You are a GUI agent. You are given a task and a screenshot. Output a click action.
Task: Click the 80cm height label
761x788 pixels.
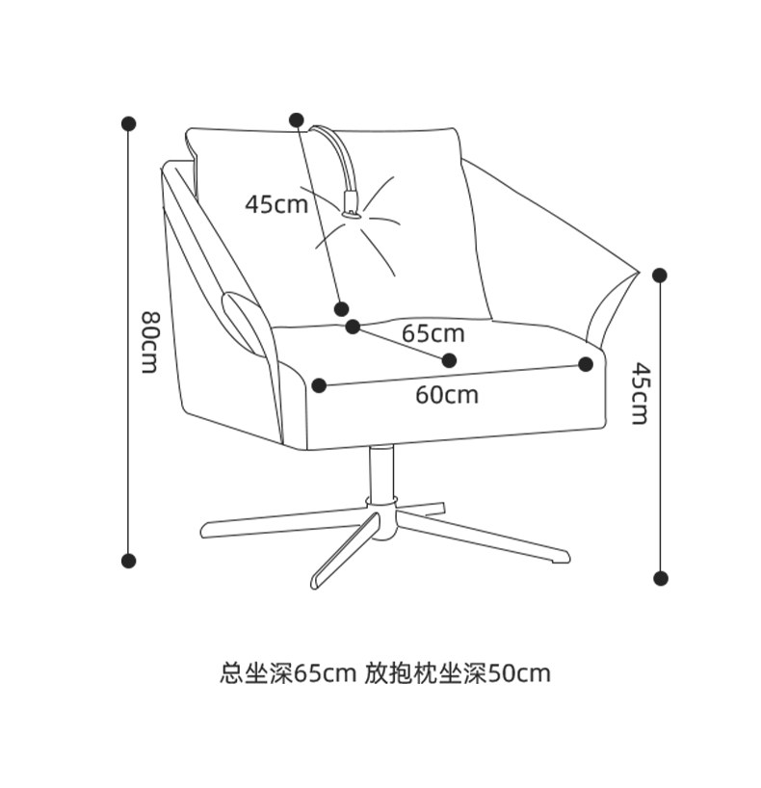tap(149, 343)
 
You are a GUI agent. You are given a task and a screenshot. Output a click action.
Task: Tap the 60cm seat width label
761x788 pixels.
tap(447, 395)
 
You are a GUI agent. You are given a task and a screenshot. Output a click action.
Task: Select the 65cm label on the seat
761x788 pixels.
tap(433, 334)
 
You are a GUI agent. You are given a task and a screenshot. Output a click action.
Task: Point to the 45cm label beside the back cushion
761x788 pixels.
tap(276, 204)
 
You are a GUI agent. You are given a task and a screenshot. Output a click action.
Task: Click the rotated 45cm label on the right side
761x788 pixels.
tap(639, 393)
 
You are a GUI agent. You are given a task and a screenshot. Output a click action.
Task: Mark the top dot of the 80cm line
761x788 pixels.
tap(128, 123)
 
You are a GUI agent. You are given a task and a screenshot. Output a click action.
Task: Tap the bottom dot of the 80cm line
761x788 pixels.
tap(128, 560)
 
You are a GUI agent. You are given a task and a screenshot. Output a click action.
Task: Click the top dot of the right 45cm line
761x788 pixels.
tap(660, 276)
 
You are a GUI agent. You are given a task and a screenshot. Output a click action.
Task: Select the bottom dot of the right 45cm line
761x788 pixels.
tap(660, 578)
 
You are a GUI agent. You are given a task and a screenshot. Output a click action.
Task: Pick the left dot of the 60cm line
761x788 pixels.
tap(320, 385)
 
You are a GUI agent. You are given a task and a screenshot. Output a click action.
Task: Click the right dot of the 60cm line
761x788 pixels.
tap(586, 364)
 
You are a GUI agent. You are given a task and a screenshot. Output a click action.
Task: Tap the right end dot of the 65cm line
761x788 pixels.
tap(449, 360)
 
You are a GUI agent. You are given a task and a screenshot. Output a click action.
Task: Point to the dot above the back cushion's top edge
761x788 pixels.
tap(296, 118)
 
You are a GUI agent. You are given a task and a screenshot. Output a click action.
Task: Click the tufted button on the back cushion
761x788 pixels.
tap(352, 214)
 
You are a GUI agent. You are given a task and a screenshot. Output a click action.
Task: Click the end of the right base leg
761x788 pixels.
tap(561, 558)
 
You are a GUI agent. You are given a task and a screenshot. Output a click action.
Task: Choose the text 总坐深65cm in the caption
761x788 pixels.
tap(288, 672)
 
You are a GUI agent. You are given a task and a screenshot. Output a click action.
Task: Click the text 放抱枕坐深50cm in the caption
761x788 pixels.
tap(458, 672)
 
